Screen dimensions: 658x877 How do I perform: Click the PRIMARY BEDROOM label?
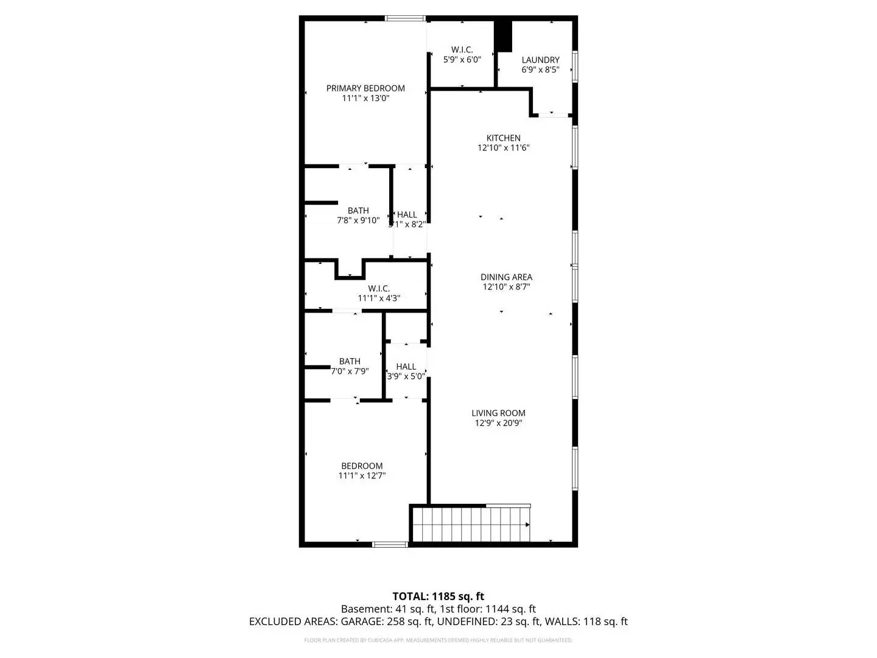[x=365, y=88]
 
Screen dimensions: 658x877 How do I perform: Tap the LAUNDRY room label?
[x=540, y=60]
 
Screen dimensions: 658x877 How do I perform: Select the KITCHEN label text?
[x=503, y=138]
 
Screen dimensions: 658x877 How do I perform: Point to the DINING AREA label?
[x=506, y=277]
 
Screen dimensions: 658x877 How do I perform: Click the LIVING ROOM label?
[x=498, y=413]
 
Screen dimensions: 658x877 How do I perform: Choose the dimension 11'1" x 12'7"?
[x=362, y=476]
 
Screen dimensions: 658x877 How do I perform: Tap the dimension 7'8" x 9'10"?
[x=358, y=221]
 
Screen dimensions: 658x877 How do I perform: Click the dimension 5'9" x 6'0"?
[x=462, y=60]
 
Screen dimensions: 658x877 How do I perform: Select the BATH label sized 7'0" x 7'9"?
[x=350, y=361]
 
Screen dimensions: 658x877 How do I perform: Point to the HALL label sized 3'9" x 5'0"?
[x=406, y=366]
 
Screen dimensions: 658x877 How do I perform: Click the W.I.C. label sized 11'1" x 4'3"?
[x=379, y=288]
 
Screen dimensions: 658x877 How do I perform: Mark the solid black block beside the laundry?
[x=502, y=37]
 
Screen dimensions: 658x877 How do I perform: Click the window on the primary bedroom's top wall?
[x=405, y=19]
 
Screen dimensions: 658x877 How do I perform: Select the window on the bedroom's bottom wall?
[x=390, y=544]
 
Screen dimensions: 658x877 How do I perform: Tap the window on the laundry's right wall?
[x=574, y=66]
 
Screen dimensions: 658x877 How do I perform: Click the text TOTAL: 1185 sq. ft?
[x=438, y=596]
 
